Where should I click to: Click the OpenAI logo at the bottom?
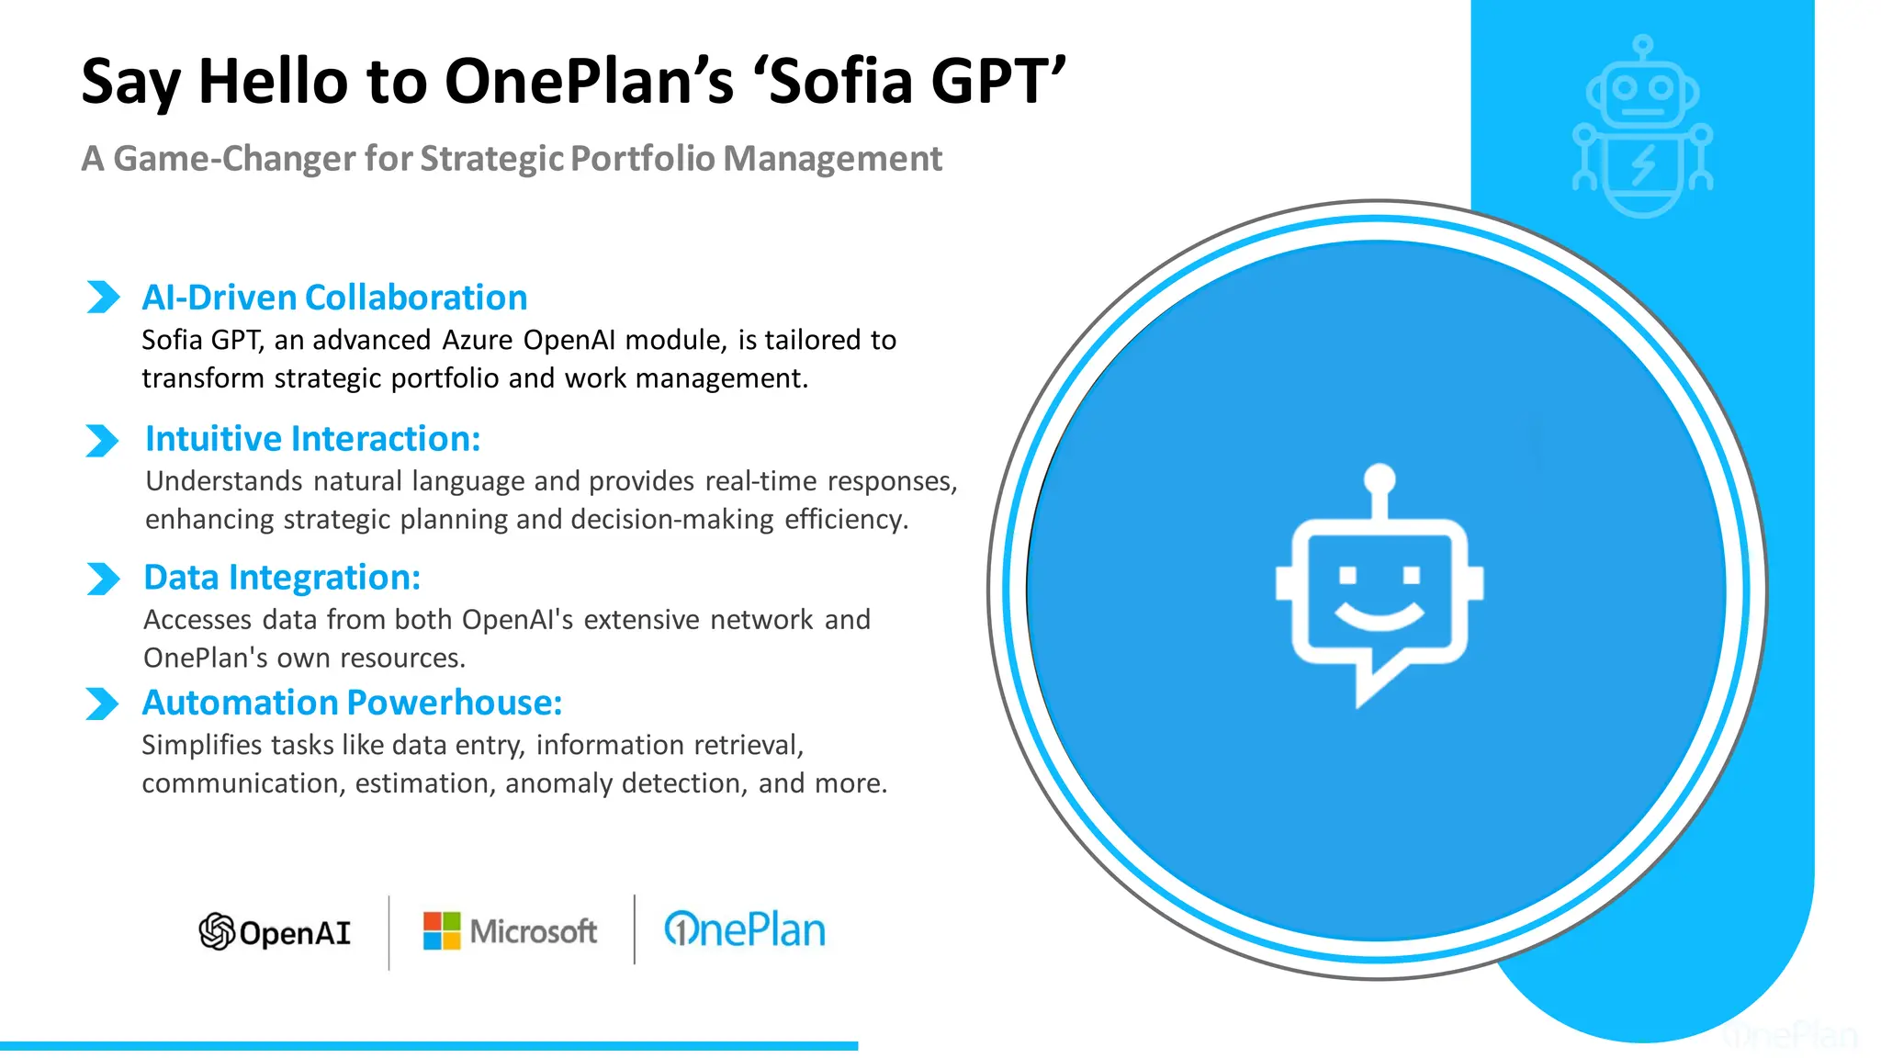(x=275, y=931)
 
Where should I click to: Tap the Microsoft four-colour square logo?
(x=441, y=930)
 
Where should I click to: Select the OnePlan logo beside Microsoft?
(x=744, y=929)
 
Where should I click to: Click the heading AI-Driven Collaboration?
(x=334, y=298)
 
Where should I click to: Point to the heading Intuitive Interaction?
(x=312, y=439)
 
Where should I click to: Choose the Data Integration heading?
(x=282, y=578)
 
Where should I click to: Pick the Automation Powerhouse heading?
(x=352, y=703)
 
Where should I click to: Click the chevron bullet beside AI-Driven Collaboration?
(x=103, y=297)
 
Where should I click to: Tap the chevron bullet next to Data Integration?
(x=103, y=579)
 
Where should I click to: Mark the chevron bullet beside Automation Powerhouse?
(x=102, y=703)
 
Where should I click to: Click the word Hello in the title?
(x=274, y=81)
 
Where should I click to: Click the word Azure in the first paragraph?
(x=478, y=340)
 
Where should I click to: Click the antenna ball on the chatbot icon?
(x=1380, y=478)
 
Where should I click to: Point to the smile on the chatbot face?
(x=1379, y=615)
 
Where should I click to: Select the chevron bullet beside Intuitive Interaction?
(x=102, y=440)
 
